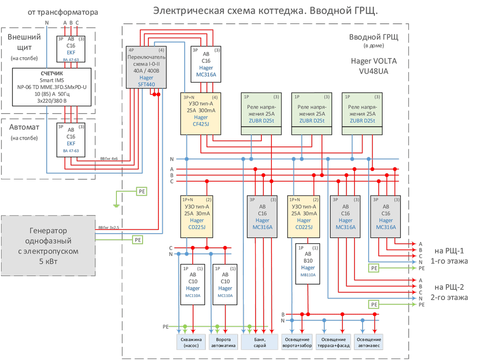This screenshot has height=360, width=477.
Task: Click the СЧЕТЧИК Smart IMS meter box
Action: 52,87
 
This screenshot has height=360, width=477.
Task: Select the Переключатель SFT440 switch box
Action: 147,68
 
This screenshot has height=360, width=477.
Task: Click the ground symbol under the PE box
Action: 116,206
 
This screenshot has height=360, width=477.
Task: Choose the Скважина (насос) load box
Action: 190,342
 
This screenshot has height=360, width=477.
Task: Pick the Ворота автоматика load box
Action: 223,342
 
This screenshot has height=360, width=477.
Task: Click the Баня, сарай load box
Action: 260,342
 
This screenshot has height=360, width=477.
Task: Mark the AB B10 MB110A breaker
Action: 308,264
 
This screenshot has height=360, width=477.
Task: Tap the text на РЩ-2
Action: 448,287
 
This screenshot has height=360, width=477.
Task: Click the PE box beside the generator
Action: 137,240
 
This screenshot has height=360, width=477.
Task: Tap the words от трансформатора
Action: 70,11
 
